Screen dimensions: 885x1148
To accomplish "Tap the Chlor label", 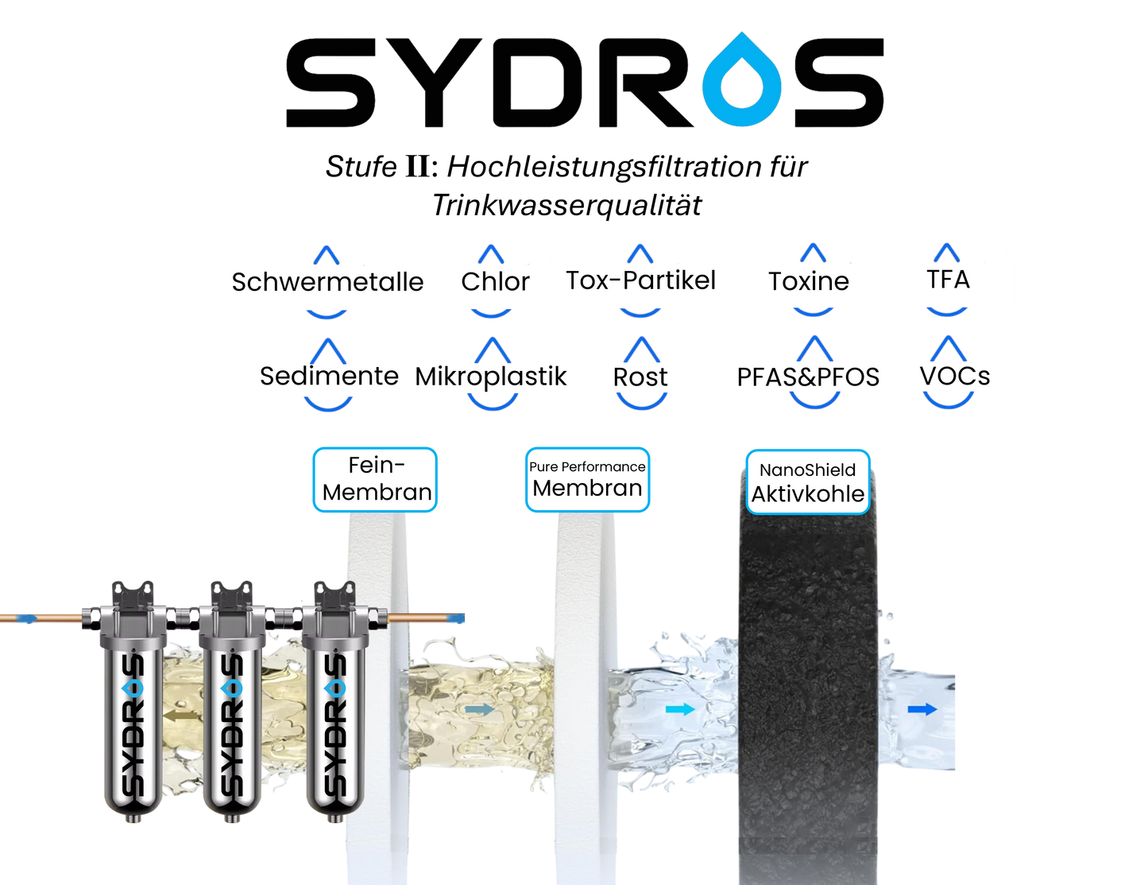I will coord(494,281).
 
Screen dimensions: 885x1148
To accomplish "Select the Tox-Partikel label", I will coord(637,280).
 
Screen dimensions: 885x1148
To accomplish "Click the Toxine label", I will coord(809,281).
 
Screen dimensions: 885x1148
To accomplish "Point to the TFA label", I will coord(948,280).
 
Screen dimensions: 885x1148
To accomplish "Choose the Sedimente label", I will coord(329,376).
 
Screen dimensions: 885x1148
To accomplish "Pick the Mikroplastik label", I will coord(493,376).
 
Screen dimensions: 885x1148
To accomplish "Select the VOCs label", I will coord(954,376).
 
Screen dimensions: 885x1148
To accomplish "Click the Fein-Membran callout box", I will coord(376,479).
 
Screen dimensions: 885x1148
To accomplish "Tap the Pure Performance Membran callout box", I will coord(587,479).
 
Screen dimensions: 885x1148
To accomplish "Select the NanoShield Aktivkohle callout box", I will coord(807,482).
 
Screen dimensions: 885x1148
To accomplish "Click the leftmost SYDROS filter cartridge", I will coord(133,707).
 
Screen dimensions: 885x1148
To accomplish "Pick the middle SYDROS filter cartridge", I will coord(232,707).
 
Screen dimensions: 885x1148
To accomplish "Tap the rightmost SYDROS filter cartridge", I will coord(334,707).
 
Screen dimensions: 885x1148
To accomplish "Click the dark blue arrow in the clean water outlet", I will coord(922,709).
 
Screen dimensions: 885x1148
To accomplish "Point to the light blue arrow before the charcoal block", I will coord(679,709).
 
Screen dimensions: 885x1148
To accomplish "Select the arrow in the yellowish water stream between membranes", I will coord(479,709).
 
